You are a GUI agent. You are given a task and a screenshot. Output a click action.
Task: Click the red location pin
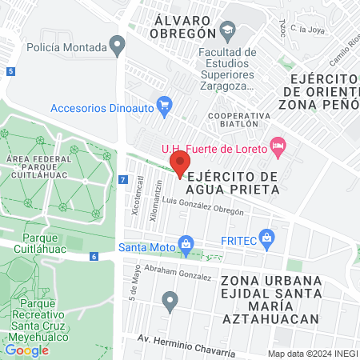pyautogui.click(x=180, y=162)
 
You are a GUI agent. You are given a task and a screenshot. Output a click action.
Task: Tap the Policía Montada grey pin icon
pyautogui.click(x=118, y=46)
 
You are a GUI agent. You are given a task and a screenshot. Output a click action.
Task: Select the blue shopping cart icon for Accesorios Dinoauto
pyautogui.click(x=165, y=104)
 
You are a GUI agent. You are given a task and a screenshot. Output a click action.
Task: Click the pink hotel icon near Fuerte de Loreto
pyautogui.click(x=278, y=145)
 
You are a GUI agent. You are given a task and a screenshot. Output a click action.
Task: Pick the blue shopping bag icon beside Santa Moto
pyautogui.click(x=186, y=242)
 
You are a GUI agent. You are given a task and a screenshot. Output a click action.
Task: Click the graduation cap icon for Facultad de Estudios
pyautogui.click(x=229, y=33)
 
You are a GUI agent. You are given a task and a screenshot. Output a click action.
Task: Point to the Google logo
pyautogui.click(x=26, y=350)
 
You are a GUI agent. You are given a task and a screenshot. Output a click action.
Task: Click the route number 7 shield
pyautogui.click(x=122, y=180)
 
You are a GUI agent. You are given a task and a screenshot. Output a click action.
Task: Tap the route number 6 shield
pyautogui.click(x=94, y=256)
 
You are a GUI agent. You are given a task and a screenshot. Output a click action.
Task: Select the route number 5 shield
pyautogui.click(x=10, y=71)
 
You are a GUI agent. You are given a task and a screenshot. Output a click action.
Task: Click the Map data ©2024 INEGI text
pyautogui.click(x=313, y=354)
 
